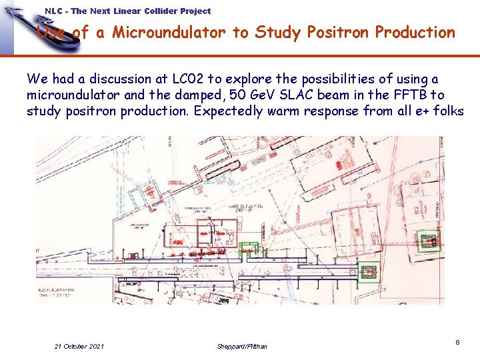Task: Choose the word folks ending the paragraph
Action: (x=449, y=111)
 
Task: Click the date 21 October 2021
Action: (x=79, y=346)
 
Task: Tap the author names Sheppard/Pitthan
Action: (x=242, y=346)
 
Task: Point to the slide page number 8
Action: (x=457, y=342)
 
